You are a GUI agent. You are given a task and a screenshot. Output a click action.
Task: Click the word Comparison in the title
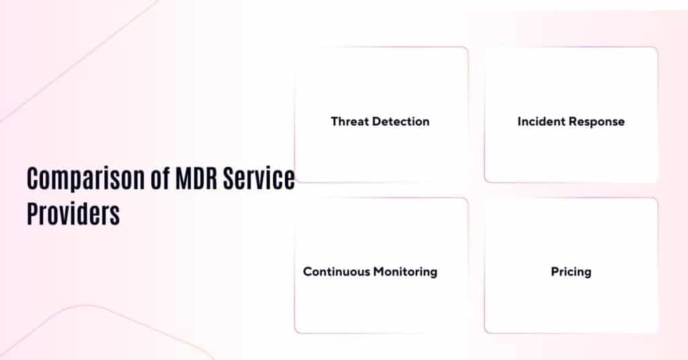pyautogui.click(x=83, y=179)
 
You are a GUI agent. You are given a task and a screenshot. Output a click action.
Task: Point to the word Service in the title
pyautogui.click(x=262, y=179)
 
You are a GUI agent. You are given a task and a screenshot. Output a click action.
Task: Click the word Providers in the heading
pyautogui.click(x=73, y=214)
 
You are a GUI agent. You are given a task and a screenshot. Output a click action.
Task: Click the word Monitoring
pyautogui.click(x=405, y=272)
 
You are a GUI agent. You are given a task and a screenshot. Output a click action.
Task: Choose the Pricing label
pyautogui.click(x=571, y=273)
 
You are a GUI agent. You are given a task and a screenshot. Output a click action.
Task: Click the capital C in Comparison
pyautogui.click(x=33, y=179)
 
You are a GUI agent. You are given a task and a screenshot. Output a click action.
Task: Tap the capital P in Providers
pyautogui.click(x=32, y=214)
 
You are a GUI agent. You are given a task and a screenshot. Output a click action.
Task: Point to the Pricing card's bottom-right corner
pyautogui.click(x=656, y=332)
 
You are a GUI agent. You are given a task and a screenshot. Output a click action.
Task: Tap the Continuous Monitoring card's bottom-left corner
pyautogui.click(x=296, y=332)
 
